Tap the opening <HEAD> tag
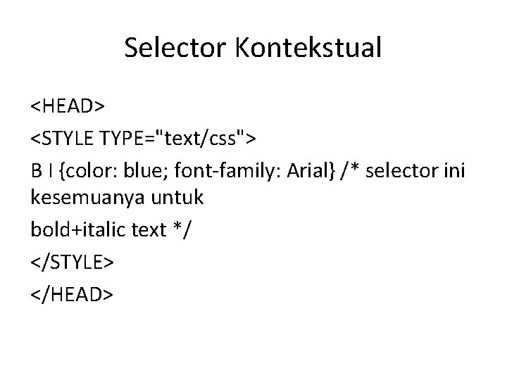click(x=67, y=106)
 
